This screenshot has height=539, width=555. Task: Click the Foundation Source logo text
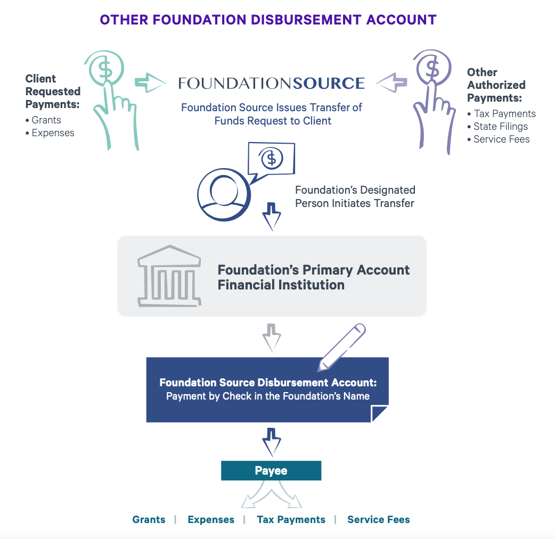tap(272, 83)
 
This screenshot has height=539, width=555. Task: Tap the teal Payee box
tap(271, 471)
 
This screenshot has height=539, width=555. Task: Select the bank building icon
tap(169, 276)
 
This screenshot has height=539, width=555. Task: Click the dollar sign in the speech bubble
tap(272, 159)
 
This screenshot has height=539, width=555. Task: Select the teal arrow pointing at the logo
tap(151, 82)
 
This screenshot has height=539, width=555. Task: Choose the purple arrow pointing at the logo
tap(391, 82)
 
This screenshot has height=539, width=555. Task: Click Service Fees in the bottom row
tap(378, 520)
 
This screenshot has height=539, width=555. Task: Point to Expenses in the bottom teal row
tap(211, 520)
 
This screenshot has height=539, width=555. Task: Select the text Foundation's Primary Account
tap(314, 270)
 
